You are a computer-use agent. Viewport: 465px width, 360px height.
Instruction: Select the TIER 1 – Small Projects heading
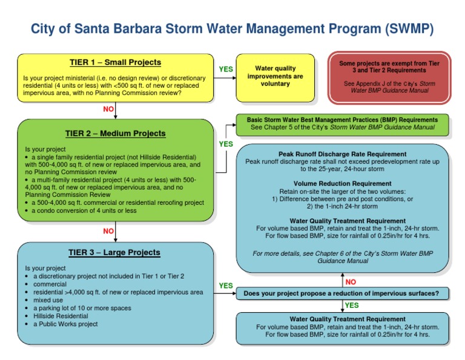point(115,62)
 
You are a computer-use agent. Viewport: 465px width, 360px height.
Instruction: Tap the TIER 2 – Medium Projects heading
point(115,133)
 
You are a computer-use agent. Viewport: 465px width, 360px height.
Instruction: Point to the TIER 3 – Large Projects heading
point(114,252)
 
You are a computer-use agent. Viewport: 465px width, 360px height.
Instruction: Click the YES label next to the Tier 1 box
point(226,69)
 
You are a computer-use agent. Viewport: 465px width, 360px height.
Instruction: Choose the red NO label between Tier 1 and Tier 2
point(108,109)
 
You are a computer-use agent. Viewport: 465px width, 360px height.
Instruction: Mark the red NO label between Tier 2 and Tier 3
point(108,231)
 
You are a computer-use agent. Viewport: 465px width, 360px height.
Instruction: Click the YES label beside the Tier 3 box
point(226,285)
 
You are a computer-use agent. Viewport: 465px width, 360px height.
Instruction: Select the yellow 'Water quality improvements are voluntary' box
point(275,76)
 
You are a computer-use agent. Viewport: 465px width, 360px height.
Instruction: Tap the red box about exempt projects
point(389,77)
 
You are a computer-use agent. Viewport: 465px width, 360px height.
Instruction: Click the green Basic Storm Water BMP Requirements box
point(342,124)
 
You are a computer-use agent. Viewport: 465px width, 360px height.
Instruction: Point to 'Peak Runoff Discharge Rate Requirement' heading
point(342,154)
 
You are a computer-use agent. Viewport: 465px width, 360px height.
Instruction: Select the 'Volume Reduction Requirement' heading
point(342,184)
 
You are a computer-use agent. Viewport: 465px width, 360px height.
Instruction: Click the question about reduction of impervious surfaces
point(342,294)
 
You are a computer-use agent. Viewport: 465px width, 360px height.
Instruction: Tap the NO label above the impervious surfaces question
point(351,281)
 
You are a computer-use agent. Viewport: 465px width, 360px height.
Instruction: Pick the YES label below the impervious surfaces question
point(351,305)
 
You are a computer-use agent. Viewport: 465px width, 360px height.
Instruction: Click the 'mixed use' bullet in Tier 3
point(49,300)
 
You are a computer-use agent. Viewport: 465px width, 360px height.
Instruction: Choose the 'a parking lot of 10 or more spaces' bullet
point(82,308)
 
